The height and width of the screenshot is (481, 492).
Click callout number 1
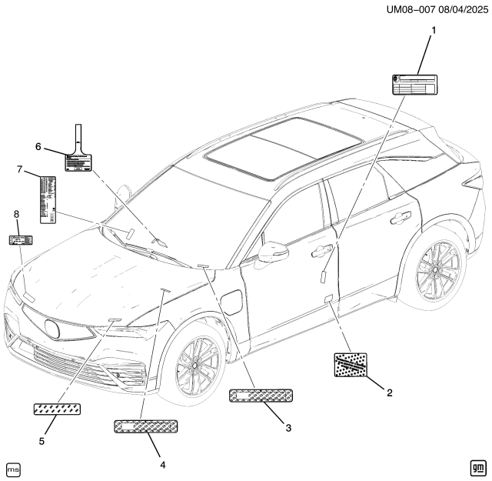[433, 30]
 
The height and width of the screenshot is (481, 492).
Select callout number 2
[390, 392]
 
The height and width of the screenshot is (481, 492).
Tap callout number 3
[288, 428]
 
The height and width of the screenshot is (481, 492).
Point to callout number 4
[162, 463]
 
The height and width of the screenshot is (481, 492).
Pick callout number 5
[42, 441]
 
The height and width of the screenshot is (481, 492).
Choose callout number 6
[37, 146]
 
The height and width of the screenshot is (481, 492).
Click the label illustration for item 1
[415, 84]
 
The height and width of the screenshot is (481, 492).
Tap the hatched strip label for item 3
[262, 396]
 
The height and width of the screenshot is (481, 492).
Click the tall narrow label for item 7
[47, 198]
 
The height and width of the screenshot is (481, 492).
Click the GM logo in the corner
[476, 468]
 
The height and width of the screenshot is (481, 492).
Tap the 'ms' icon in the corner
[13, 469]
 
